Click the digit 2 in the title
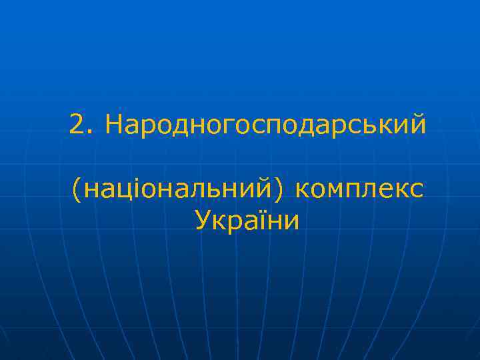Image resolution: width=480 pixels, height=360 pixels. click(x=77, y=124)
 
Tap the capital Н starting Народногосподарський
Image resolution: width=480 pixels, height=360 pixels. click(x=114, y=124)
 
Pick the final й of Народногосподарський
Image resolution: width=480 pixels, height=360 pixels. click(x=416, y=124)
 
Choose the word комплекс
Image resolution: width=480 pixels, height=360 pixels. click(x=358, y=192)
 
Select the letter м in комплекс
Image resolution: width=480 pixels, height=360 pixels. click(x=335, y=192)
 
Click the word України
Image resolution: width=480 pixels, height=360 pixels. click(x=247, y=220)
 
